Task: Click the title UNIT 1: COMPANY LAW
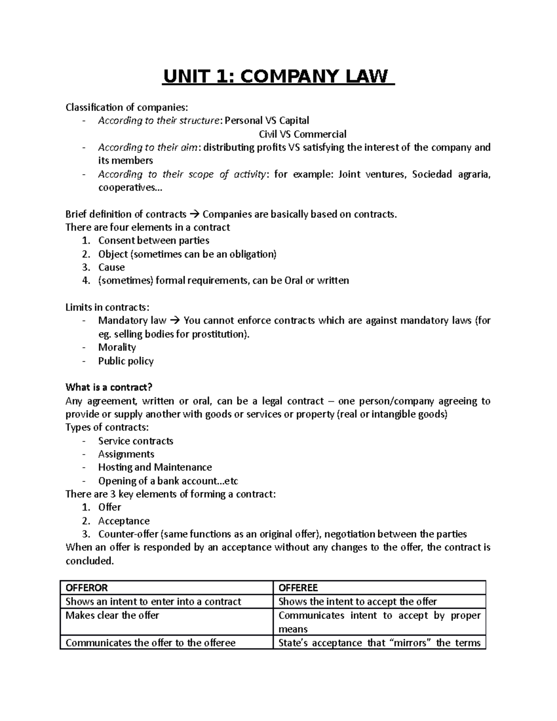tap(278, 77)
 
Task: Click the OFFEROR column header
tap(87, 588)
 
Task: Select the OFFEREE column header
tap(298, 588)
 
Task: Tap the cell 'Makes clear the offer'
tap(112, 616)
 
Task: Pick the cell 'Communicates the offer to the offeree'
tap(150, 643)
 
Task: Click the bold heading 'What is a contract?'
tap(109, 387)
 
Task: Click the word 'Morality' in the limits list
tap(117, 347)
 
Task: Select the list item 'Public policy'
tap(126, 361)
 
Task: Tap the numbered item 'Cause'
tap(111, 267)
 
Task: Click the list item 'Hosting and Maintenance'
tap(155, 467)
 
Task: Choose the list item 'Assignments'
tap(126, 454)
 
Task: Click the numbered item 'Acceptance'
tap(123, 521)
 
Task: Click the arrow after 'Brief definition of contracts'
tap(194, 214)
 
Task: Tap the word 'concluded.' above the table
tap(89, 561)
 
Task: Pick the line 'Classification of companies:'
tap(127, 108)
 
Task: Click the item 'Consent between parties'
tap(154, 240)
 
